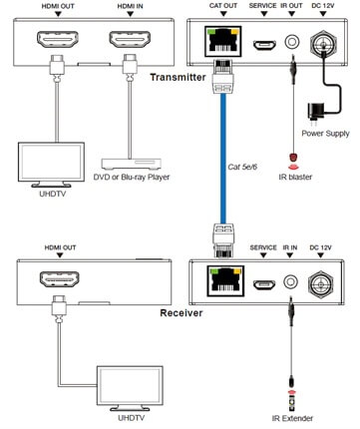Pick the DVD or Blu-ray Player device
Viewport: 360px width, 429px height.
point(133,162)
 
